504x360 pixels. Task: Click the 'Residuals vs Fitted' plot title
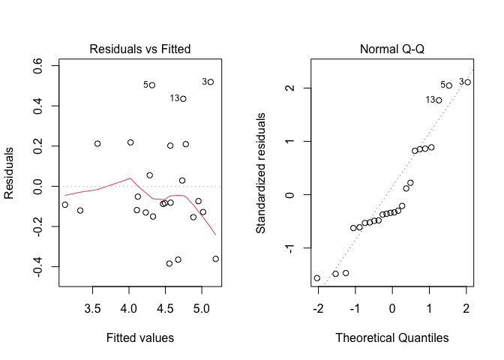click(x=139, y=49)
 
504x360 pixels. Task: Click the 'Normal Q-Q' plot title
click(x=391, y=49)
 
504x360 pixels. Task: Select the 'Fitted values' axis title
click(x=139, y=337)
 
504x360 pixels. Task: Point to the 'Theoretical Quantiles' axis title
click(x=391, y=337)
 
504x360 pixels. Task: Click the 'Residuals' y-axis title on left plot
click(x=10, y=172)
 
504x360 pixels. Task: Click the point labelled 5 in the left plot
click(x=152, y=85)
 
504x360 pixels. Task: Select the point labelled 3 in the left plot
click(x=211, y=82)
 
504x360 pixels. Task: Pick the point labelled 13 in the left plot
click(x=183, y=98)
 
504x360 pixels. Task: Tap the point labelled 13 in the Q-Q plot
click(x=439, y=100)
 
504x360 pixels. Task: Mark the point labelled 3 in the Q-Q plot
click(x=467, y=82)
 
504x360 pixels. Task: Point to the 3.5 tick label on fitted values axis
click(x=92, y=307)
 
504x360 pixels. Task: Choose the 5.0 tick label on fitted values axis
click(x=201, y=307)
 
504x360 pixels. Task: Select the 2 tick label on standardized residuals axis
click(x=287, y=88)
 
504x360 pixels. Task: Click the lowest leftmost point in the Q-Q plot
click(x=316, y=278)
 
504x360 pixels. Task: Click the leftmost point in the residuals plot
click(x=65, y=205)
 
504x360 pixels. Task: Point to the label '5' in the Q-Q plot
click(x=442, y=85)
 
